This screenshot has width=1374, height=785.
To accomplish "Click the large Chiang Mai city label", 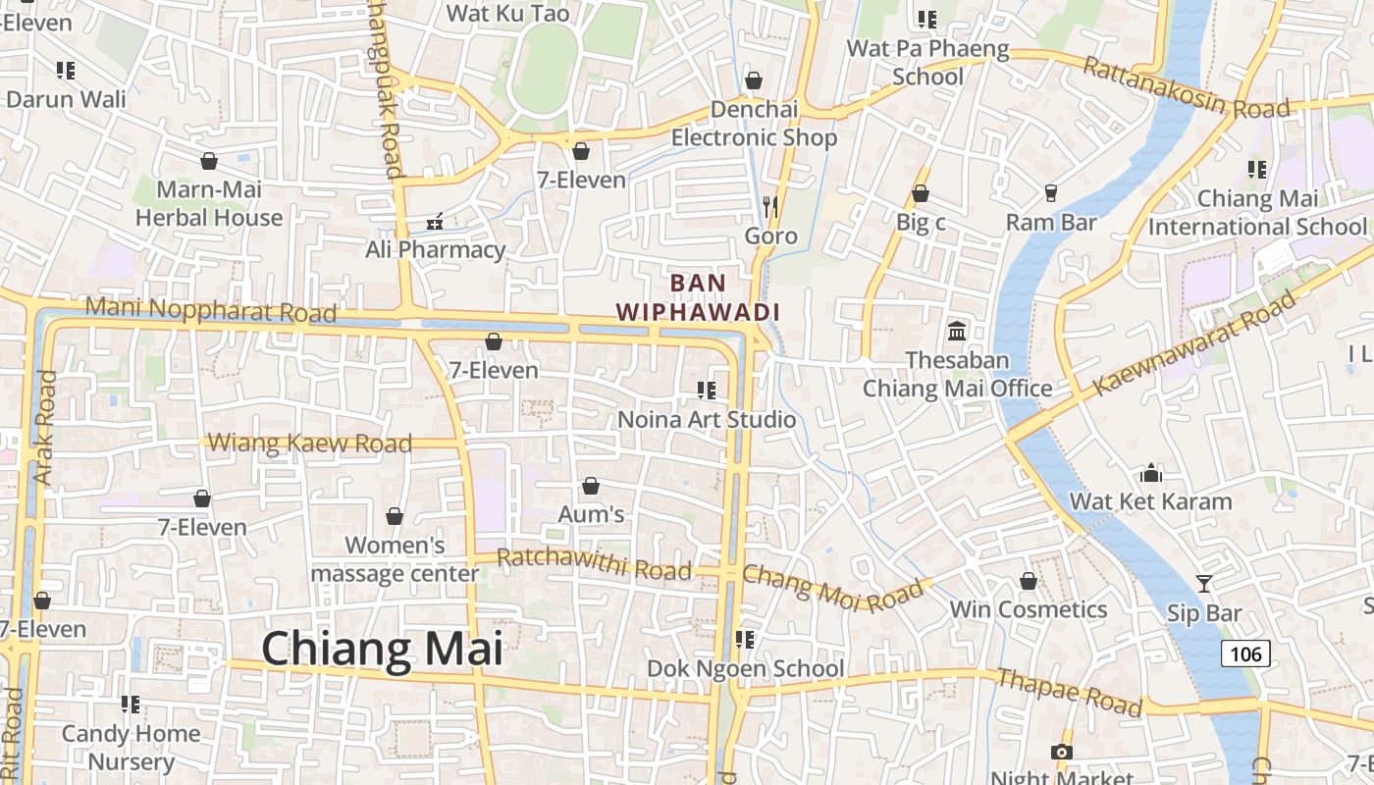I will pos(382,650).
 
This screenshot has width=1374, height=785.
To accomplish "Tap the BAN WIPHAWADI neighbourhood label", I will pos(698,297).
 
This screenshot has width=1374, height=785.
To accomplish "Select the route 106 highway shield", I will pos(1245,654).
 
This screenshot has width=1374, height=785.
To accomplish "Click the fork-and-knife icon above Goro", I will pos(770,206).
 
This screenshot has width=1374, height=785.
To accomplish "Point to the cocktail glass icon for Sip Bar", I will pos(1204,584).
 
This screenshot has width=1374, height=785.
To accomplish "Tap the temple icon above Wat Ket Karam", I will pos(1151,473).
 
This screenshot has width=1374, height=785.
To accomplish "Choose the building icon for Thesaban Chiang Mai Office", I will pos(957,332).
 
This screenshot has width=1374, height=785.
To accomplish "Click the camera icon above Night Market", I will pos(1061,752).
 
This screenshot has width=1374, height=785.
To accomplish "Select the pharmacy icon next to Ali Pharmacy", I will pos(435,222).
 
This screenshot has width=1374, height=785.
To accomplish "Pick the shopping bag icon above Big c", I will pos(921,194).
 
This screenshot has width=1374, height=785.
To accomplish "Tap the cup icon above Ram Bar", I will pos(1051,193).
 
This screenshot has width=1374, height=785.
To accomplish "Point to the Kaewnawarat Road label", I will pos(1194,344).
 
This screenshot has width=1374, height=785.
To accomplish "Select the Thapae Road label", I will pos(1069,692).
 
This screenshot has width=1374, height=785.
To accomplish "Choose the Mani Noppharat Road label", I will pos(210,311).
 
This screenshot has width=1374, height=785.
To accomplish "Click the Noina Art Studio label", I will pos(707,420).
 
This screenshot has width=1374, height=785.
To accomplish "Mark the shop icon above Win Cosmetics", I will pos(1029,582).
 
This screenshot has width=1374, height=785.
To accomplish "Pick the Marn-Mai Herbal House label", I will pos(209,203).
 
